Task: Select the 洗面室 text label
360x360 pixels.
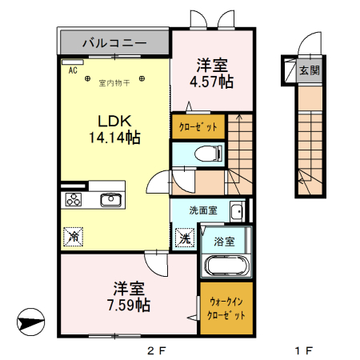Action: click(202, 210)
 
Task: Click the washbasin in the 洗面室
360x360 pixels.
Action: click(237, 211)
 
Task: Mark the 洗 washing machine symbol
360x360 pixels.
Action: click(184, 238)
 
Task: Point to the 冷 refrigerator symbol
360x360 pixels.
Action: click(73, 237)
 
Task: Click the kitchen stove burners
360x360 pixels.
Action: click(74, 200)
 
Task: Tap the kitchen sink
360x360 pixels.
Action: click(110, 200)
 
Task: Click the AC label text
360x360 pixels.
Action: click(72, 70)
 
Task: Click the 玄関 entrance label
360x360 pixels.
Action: click(309, 70)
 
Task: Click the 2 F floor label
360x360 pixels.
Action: click(155, 350)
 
